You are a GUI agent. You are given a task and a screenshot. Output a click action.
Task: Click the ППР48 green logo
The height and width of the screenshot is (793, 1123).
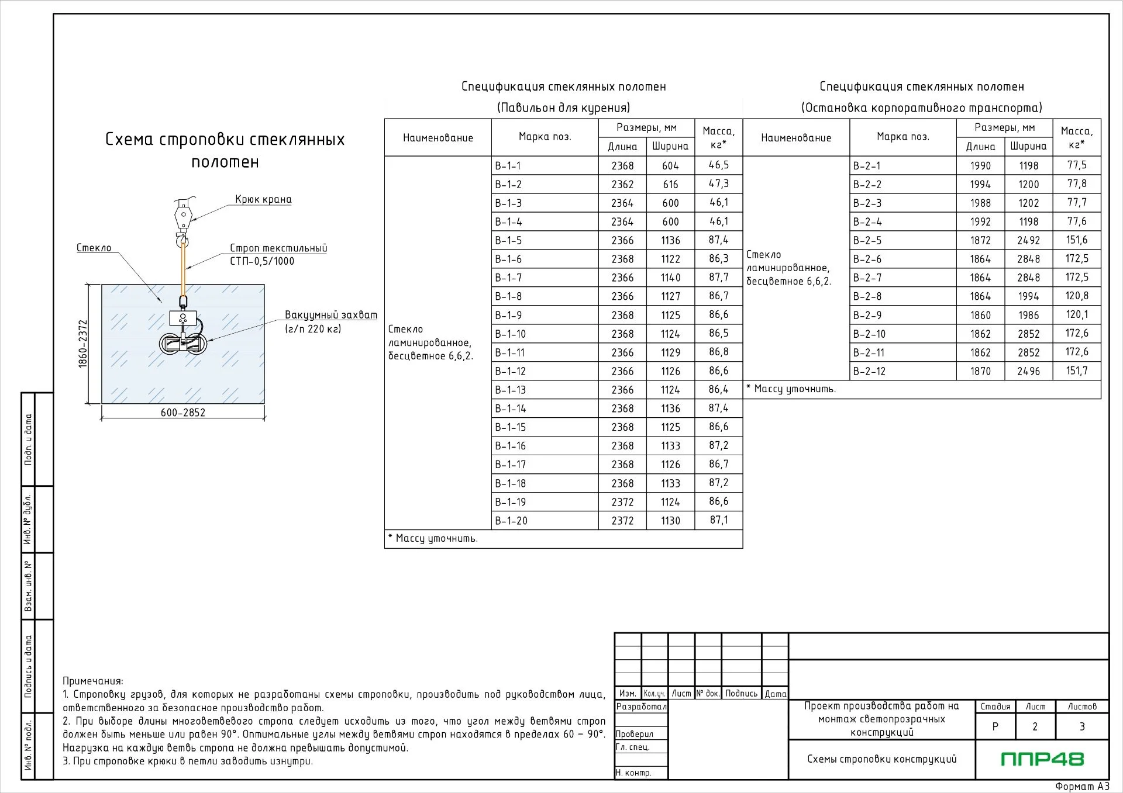[1042, 759]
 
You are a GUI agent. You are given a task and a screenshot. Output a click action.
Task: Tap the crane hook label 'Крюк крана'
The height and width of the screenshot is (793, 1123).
[263, 199]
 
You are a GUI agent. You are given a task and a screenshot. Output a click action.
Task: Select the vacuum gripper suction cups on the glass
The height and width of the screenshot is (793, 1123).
[184, 343]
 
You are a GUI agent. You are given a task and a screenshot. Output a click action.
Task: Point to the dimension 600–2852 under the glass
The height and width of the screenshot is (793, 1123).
[183, 413]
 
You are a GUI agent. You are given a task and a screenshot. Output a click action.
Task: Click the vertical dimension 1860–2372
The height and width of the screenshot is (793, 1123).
[82, 344]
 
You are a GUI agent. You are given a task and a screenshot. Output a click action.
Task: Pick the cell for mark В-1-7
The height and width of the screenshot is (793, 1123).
[545, 278]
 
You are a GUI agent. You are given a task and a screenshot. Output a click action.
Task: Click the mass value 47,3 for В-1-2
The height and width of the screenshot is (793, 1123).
[719, 184]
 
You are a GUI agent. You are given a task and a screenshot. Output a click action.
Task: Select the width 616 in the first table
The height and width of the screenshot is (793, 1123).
[670, 185]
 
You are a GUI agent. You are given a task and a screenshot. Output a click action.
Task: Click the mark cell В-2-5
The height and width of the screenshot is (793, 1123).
[903, 240]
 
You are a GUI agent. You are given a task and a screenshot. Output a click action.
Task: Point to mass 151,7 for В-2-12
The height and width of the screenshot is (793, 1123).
[1077, 371]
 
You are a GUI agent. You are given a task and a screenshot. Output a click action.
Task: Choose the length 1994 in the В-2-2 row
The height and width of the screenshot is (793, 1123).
[980, 185]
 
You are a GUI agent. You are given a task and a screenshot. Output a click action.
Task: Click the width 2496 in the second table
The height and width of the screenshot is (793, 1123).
[1028, 371]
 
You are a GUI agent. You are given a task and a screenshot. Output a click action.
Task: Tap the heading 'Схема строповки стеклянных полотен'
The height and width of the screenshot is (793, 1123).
[225, 150]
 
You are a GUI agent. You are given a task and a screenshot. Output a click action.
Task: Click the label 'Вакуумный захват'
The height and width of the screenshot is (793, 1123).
[331, 315]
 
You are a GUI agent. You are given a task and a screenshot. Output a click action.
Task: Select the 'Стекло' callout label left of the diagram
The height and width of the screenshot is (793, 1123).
[94, 248]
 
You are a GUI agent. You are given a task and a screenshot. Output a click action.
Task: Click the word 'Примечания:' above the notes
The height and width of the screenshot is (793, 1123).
[93, 681]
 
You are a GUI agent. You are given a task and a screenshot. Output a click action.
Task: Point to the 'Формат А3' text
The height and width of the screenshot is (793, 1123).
[1082, 787]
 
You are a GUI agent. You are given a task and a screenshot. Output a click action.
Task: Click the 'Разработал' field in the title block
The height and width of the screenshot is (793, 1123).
[641, 707]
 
